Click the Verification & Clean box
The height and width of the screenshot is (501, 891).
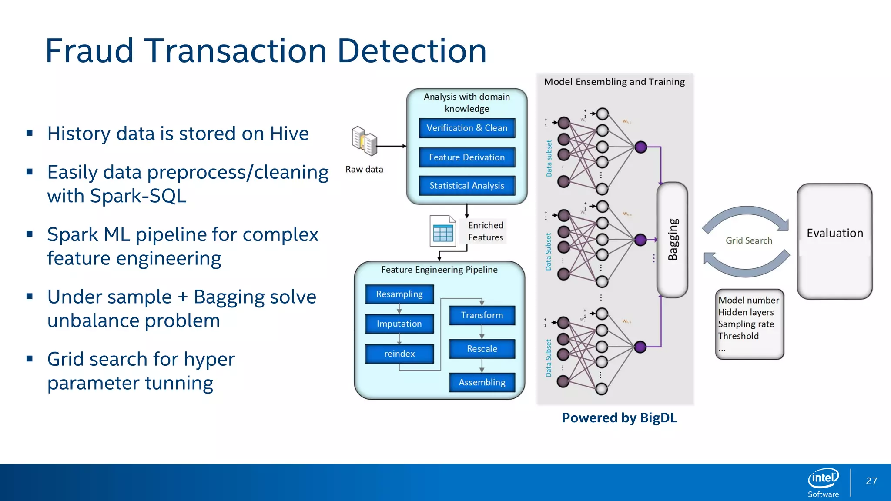[x=467, y=128]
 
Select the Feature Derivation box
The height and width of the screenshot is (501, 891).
[x=467, y=157]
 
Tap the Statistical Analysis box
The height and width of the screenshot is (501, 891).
[x=467, y=186]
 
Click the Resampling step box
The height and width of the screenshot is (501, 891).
[x=399, y=294]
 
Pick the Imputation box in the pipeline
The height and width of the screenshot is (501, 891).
[x=399, y=324]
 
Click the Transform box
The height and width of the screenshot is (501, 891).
[x=482, y=315]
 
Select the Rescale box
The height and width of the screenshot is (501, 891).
[x=482, y=349]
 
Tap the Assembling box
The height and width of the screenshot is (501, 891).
[x=482, y=383]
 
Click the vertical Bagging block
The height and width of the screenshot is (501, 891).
[x=672, y=240]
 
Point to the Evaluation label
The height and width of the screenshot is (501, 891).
[x=834, y=234]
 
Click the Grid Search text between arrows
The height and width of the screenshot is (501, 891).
[x=749, y=241]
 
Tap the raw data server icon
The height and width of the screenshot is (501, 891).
[x=364, y=141]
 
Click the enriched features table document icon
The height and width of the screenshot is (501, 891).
[x=442, y=231]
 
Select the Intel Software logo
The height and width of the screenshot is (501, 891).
[x=823, y=482]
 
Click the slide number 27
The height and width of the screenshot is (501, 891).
[x=871, y=481]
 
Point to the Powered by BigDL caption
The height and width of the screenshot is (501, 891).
[x=619, y=418]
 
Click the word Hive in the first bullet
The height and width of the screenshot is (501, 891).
[x=289, y=134]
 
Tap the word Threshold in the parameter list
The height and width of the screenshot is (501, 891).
[x=738, y=336]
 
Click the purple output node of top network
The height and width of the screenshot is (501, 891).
[x=640, y=147]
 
